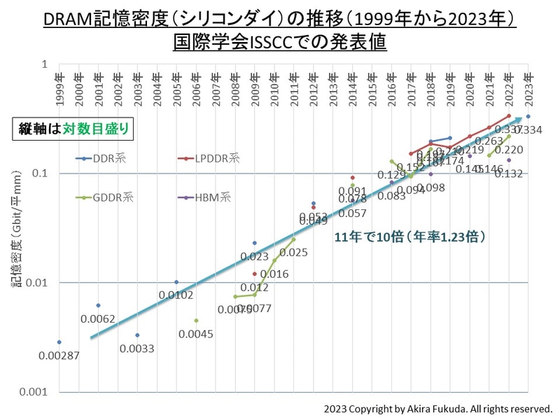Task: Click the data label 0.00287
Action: point(59,356)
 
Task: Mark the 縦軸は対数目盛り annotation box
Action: point(71,129)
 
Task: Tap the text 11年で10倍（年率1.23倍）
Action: point(410,237)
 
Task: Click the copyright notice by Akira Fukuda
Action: point(438,408)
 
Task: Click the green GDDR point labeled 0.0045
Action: point(196,321)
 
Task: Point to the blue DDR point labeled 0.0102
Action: point(176,282)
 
